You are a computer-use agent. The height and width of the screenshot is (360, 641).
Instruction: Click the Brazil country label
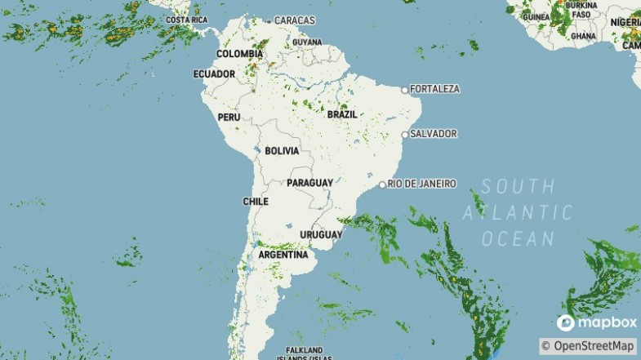tap(342, 115)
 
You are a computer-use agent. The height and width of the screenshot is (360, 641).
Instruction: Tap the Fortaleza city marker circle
tap(404, 89)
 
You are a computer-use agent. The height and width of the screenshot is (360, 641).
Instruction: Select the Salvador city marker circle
tap(404, 134)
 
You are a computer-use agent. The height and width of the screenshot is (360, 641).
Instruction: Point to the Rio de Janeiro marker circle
tap(382, 184)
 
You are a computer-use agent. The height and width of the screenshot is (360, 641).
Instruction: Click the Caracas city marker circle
tap(269, 20)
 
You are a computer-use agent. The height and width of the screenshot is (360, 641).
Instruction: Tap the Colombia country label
tap(239, 54)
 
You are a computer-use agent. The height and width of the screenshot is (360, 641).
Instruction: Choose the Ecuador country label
tap(214, 74)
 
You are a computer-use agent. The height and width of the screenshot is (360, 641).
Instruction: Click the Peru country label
tap(229, 118)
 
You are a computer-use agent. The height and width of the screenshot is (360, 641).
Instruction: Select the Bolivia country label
tap(282, 151)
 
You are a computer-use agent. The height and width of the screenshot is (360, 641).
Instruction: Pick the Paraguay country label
tap(309, 183)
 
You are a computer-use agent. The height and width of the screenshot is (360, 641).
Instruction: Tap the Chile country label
tap(256, 202)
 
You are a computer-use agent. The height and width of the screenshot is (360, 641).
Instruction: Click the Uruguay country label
tap(321, 235)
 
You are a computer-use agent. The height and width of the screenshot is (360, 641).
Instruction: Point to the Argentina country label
tap(283, 255)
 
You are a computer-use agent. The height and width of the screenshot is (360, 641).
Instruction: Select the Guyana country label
tap(307, 42)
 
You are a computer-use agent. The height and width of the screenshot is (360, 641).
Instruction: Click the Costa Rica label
tap(186, 20)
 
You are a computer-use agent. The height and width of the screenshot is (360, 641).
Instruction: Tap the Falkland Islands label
tap(303, 353)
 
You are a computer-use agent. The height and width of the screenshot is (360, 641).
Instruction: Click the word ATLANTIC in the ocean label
tap(518, 213)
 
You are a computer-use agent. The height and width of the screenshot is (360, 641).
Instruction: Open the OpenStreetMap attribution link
tap(588, 346)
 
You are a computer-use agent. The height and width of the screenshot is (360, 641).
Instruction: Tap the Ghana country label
tap(584, 36)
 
